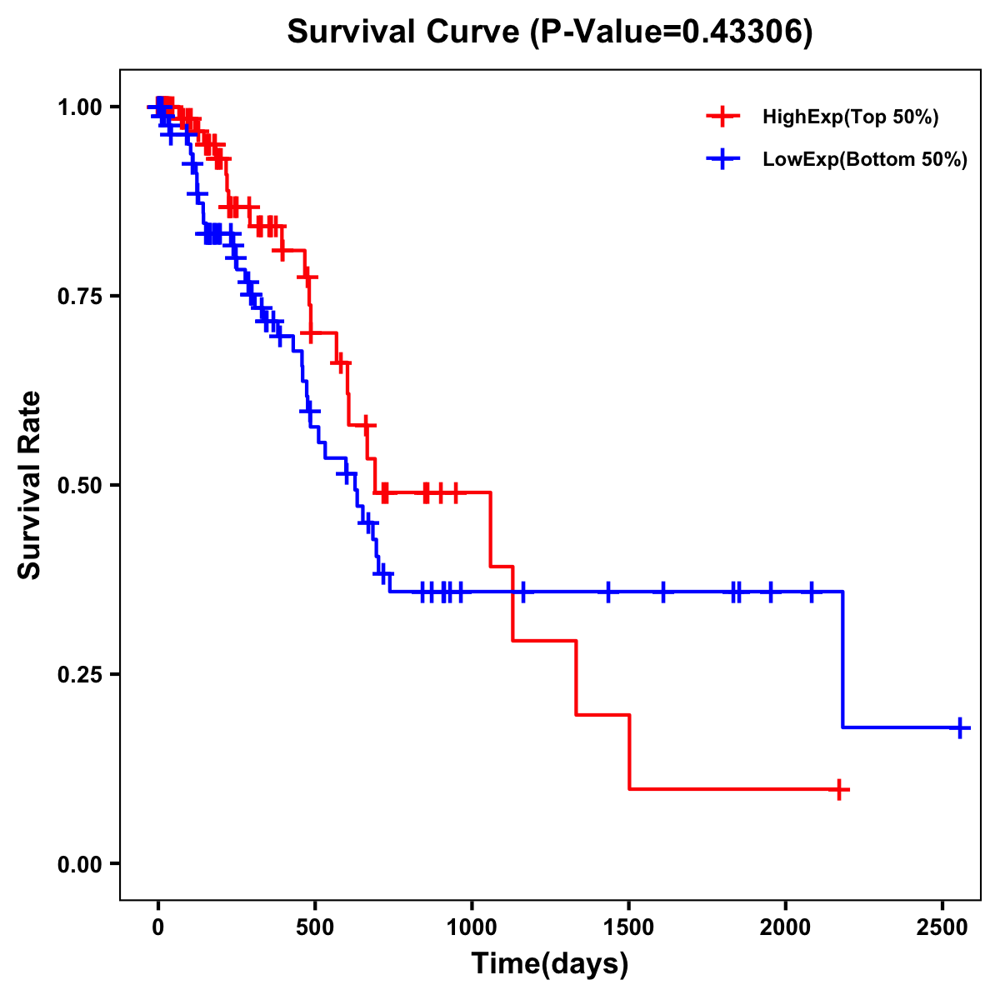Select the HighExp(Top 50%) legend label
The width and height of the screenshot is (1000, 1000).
tap(850, 117)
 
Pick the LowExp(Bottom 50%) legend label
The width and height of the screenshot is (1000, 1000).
tap(864, 160)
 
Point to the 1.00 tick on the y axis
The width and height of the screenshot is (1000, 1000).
tap(79, 107)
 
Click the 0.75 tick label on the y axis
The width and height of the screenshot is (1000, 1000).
tap(79, 296)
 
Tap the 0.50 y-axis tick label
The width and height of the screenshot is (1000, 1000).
tap(79, 485)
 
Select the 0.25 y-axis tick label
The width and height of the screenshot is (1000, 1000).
tap(79, 674)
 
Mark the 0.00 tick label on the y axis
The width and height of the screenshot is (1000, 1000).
tap(79, 863)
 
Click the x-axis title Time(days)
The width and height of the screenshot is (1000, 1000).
tap(550, 964)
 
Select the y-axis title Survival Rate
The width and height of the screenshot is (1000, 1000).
tap(30, 484)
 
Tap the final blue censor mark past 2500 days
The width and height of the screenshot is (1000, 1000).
tap(959, 727)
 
